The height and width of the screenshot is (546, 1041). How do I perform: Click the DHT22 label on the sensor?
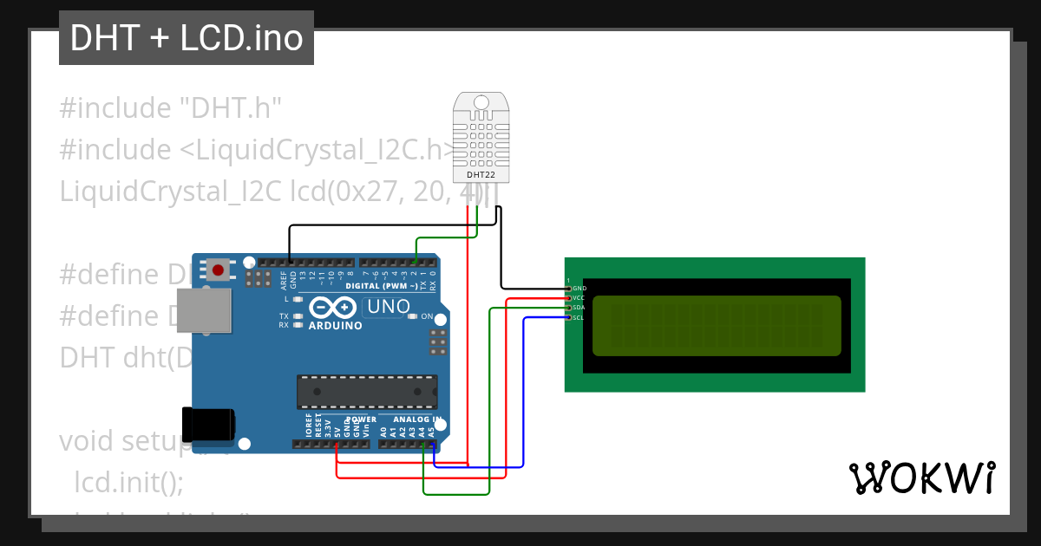pyautogui.click(x=481, y=174)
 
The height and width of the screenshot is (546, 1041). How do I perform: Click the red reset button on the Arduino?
pyautogui.click(x=219, y=270)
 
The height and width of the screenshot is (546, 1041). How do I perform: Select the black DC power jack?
pyautogui.click(x=208, y=422)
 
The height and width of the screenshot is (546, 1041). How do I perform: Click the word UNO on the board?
pyautogui.click(x=389, y=306)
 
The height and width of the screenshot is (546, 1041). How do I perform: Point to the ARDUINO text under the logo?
pyautogui.click(x=334, y=326)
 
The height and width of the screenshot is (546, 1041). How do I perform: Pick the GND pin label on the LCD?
pyautogui.click(x=579, y=288)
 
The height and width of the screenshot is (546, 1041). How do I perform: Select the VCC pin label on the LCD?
pyautogui.click(x=579, y=297)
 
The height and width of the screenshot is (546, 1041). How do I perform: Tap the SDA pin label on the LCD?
pyautogui.click(x=579, y=308)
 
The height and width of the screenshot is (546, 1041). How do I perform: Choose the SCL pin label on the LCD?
pyautogui.click(x=579, y=317)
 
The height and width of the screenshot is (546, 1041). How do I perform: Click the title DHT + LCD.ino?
pyautogui.click(x=187, y=38)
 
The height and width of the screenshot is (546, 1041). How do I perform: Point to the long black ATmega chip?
pyautogui.click(x=366, y=391)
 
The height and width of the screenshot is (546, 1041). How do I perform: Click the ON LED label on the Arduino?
pyautogui.click(x=427, y=316)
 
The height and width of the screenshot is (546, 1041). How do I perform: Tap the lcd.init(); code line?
pyautogui.click(x=129, y=482)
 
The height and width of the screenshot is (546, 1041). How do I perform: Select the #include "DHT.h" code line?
pyautogui.click(x=171, y=108)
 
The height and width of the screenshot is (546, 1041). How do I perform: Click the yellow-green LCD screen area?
pyautogui.click(x=717, y=326)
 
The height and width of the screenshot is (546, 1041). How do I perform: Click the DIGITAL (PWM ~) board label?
pyautogui.click(x=387, y=285)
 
